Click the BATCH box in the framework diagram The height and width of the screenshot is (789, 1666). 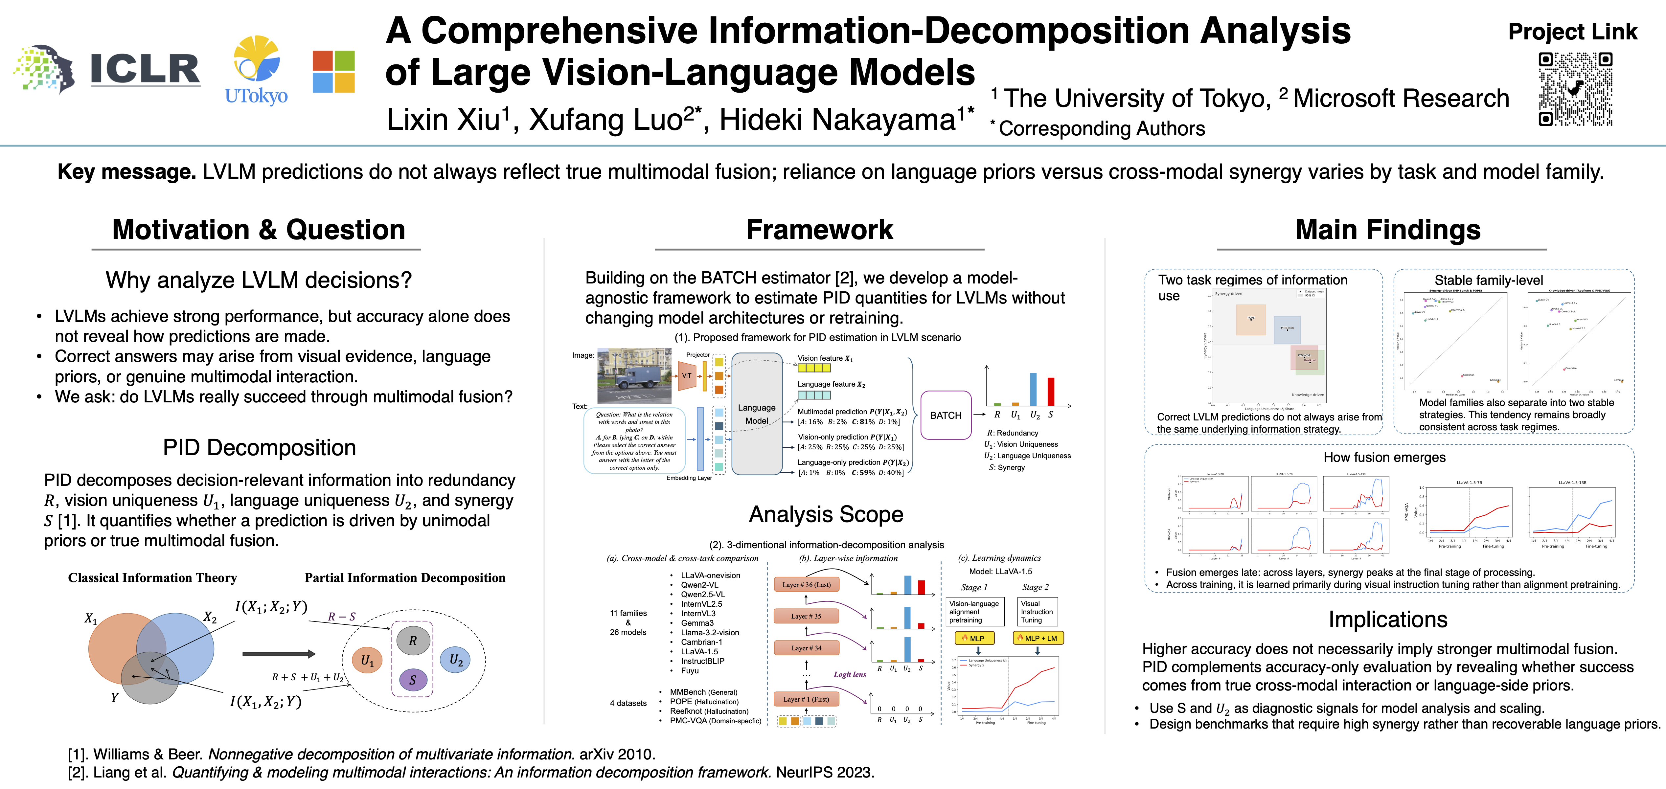[946, 415]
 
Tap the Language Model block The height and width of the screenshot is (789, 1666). [757, 414]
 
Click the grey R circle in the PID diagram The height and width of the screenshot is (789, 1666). [413, 641]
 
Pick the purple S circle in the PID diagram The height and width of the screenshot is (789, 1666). [413, 680]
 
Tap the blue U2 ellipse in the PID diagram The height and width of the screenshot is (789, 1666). [456, 660]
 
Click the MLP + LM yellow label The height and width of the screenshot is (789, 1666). [1038, 638]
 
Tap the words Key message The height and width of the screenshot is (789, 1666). [126, 172]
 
